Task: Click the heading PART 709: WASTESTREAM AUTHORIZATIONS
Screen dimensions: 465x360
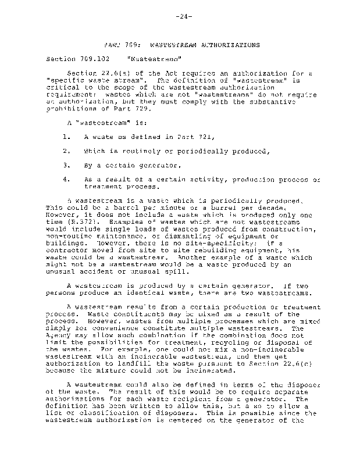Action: [181, 45]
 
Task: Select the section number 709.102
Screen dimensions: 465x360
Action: [91, 59]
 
